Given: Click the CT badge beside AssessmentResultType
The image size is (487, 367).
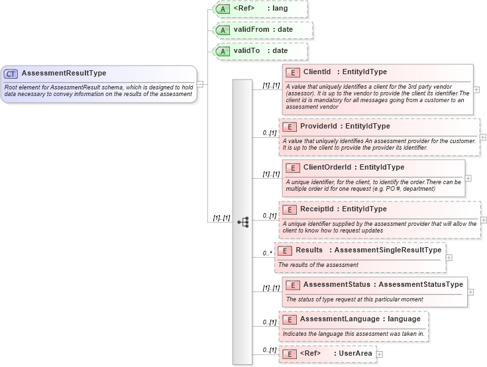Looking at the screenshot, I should (x=11, y=74).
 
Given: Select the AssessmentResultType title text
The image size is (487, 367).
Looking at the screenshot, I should (x=64, y=74).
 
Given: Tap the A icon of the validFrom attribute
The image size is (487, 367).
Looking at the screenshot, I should (x=223, y=30).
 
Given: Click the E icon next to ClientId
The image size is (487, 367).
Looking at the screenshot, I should (x=292, y=72).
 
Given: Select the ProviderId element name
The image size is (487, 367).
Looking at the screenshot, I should (x=320, y=126).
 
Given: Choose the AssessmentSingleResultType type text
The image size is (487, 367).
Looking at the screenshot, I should (x=388, y=250).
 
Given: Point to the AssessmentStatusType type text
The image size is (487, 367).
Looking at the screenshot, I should (x=420, y=284).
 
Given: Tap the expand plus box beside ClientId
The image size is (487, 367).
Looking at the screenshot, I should (x=476, y=89).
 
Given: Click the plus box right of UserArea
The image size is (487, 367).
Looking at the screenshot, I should (x=380, y=354).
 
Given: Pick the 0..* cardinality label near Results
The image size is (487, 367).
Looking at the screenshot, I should (x=267, y=253).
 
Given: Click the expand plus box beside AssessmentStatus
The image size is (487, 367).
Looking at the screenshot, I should (x=470, y=291).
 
